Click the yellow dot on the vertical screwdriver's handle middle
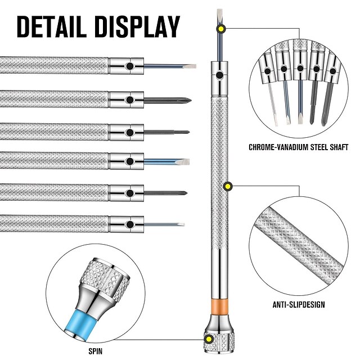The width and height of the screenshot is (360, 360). pos(228,186)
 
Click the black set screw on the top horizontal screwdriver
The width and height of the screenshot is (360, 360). pos(130,66)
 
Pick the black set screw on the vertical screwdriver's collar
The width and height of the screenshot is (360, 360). pos(219,74)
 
